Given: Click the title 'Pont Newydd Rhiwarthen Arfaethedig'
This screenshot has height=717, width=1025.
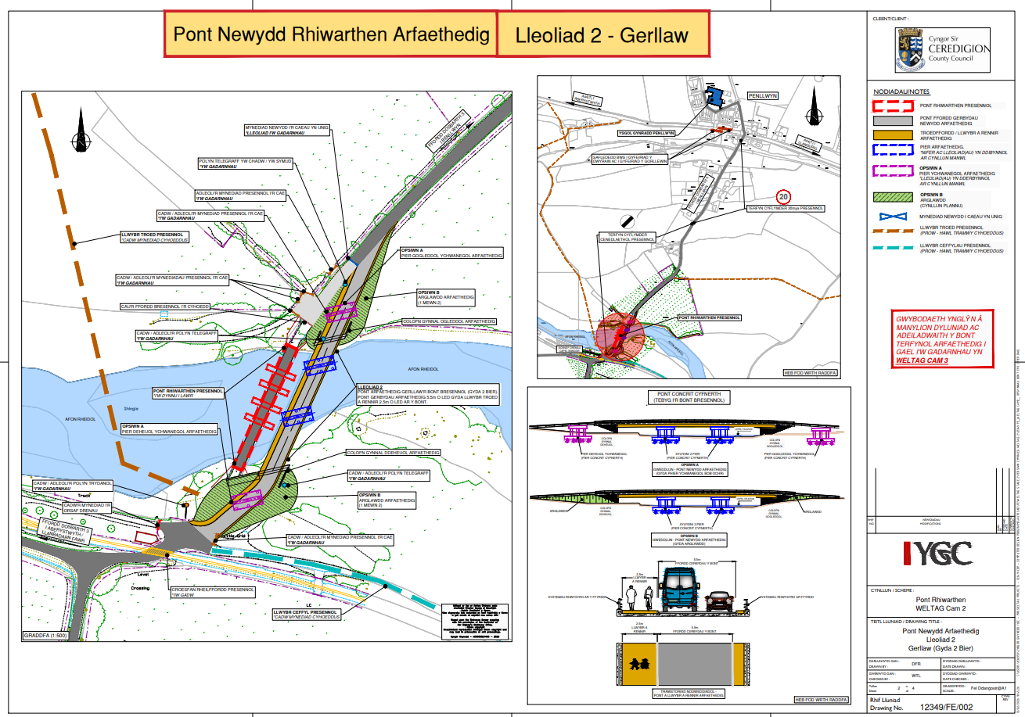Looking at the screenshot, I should [331, 34].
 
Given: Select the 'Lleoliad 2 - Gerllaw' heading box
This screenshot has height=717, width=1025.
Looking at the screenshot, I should [602, 35].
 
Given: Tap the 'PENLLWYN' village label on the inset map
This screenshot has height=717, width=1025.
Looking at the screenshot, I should [764, 95].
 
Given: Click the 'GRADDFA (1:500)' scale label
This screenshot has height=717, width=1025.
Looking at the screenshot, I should [49, 636].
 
